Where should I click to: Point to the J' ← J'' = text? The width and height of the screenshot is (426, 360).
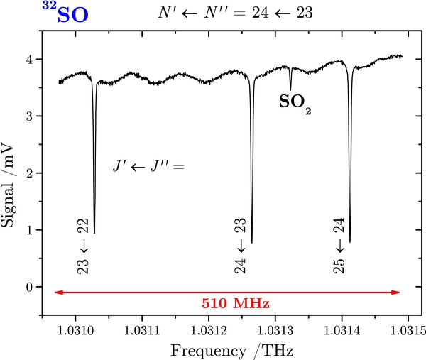148,166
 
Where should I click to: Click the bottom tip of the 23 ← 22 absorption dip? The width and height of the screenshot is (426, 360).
94,232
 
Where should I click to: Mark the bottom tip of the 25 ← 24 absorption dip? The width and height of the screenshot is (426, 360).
349,242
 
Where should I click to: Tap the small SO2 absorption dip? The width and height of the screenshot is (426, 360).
290,89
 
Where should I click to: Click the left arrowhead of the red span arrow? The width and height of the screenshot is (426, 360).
58,292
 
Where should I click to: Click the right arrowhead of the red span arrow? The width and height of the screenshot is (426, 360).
398,292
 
